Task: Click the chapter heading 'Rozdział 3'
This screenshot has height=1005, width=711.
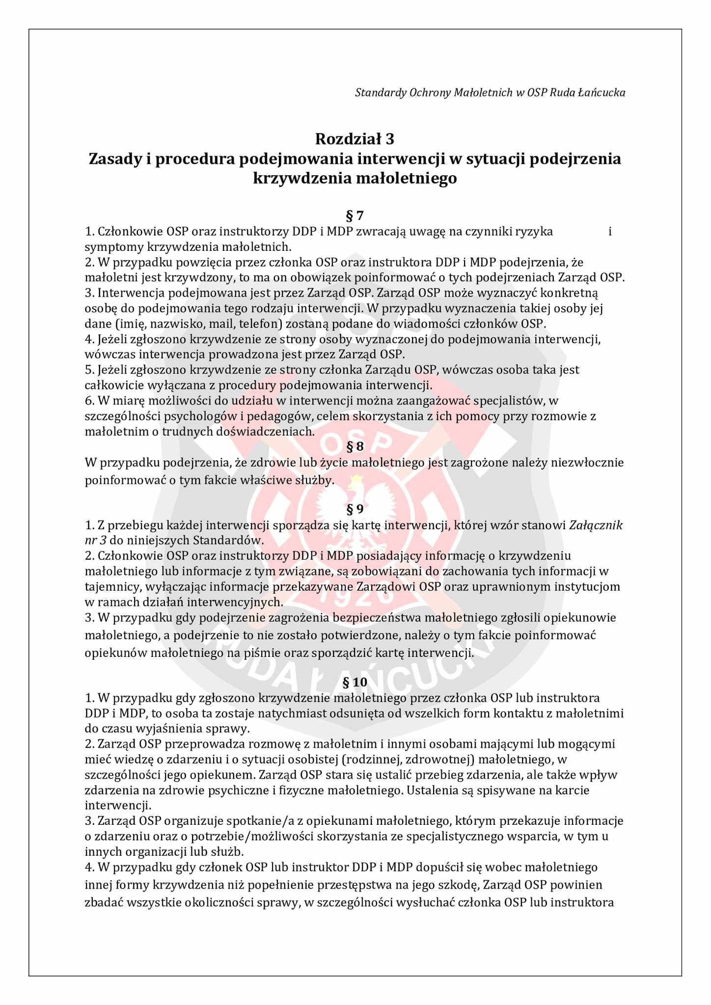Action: point(355,139)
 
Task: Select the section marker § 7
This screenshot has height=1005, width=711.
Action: point(355,216)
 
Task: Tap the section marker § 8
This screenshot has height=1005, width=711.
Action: point(355,446)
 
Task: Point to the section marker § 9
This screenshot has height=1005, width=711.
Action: point(355,509)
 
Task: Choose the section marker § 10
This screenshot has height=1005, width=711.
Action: point(355,682)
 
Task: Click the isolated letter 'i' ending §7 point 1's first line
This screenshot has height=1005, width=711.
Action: point(610,231)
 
